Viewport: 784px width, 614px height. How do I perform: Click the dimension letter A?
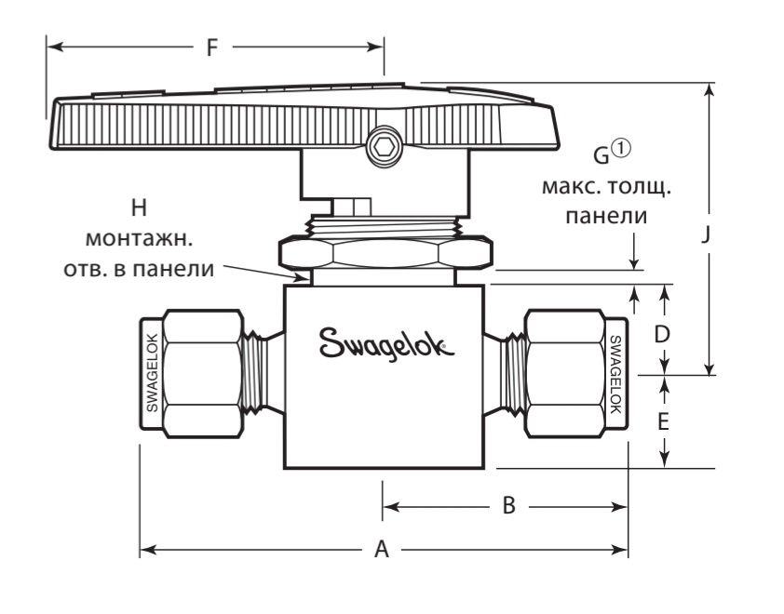click(381, 550)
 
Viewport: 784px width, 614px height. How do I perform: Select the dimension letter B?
click(508, 506)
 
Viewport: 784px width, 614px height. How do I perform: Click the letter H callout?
click(142, 207)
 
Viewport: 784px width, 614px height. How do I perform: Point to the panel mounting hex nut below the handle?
click(382, 252)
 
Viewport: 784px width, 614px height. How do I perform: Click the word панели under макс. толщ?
click(607, 216)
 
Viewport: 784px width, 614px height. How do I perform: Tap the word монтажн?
click(140, 239)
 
